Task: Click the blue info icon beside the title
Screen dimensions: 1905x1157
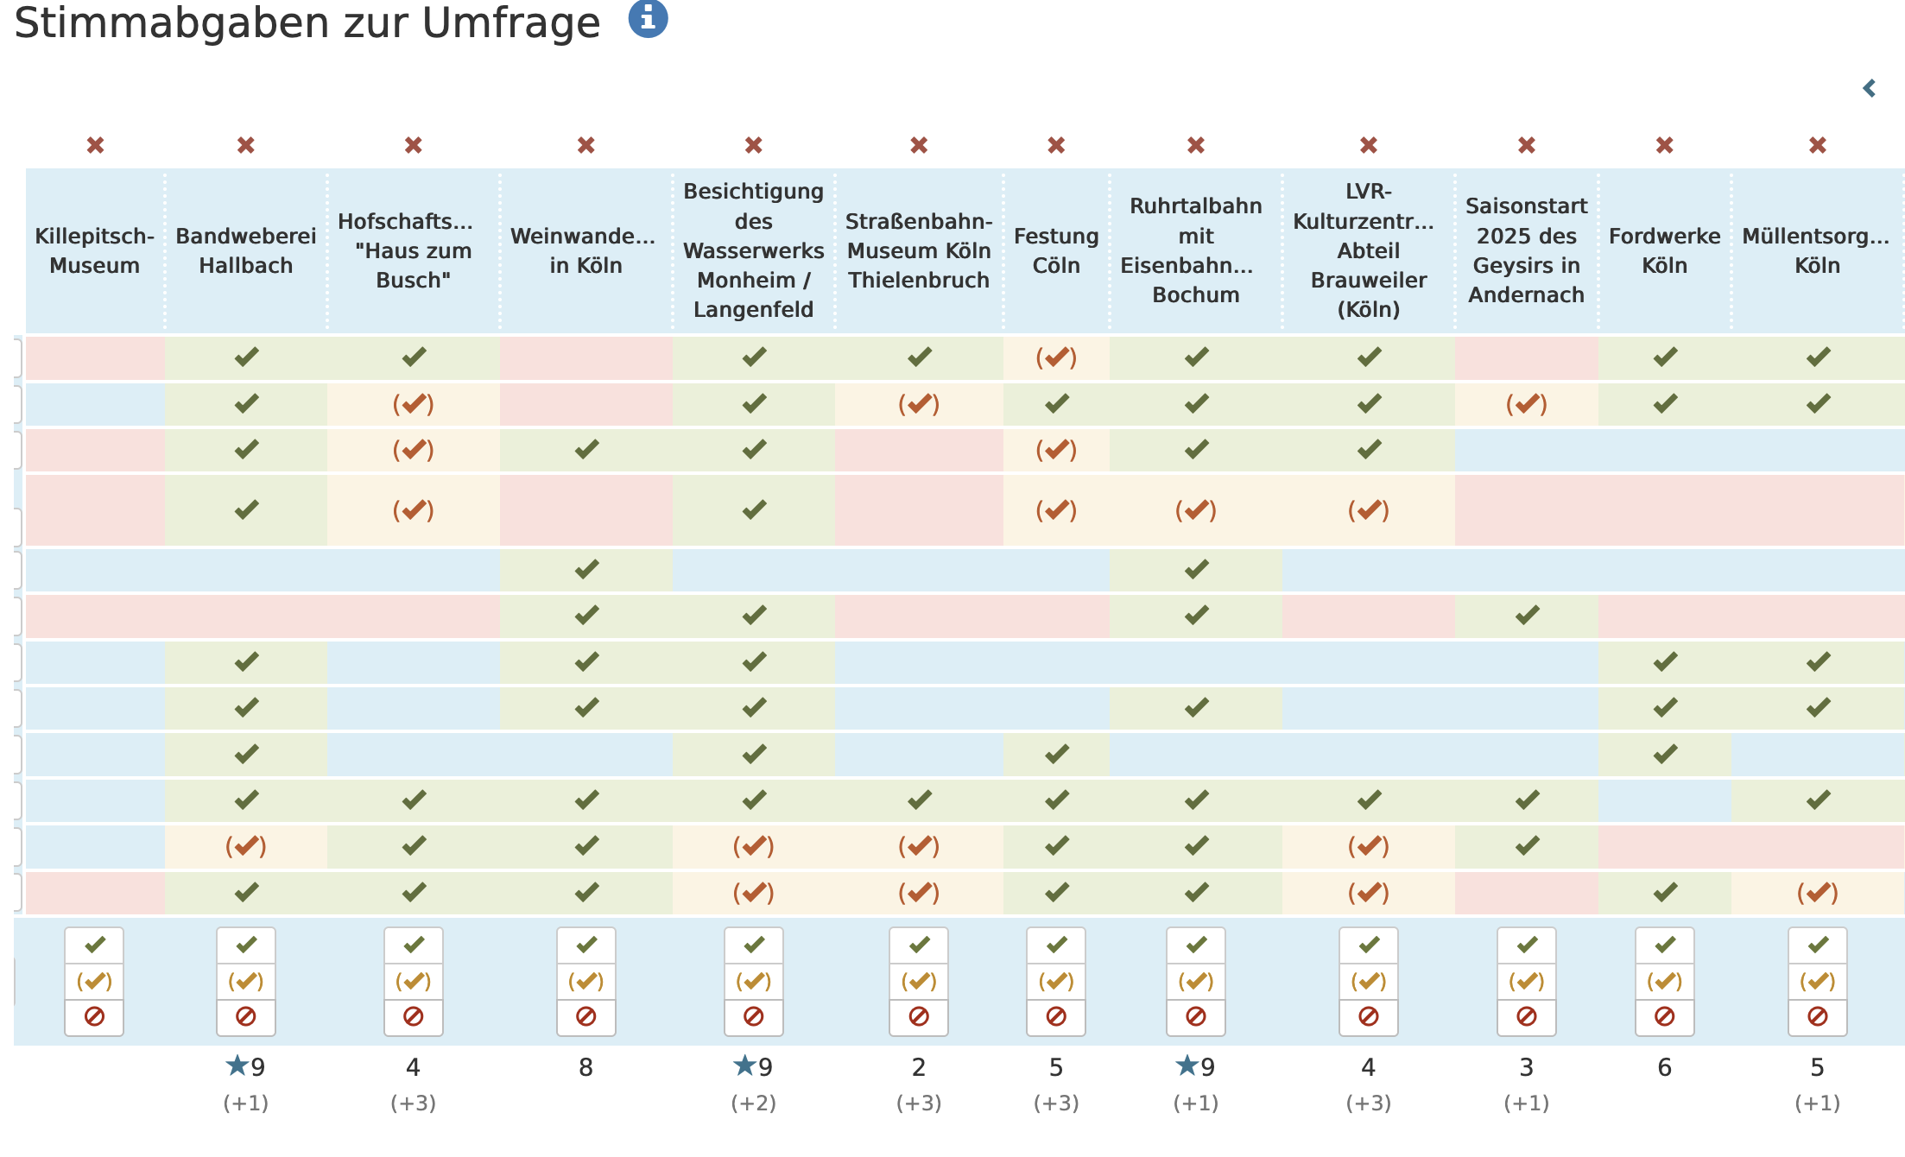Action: (648, 18)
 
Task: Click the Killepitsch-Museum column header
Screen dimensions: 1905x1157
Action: (95, 250)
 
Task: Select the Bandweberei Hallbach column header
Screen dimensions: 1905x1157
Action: (246, 250)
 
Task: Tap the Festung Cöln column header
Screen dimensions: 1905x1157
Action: (1056, 250)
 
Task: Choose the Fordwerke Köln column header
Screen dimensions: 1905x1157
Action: (1665, 250)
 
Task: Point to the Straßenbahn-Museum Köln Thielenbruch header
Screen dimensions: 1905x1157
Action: (919, 250)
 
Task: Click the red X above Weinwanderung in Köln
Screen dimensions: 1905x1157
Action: (586, 145)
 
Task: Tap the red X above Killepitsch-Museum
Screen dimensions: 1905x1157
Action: (95, 145)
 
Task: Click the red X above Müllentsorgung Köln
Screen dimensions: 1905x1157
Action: (1818, 145)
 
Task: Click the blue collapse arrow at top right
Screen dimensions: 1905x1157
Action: (1870, 88)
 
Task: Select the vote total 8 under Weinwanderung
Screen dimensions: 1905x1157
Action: (586, 1068)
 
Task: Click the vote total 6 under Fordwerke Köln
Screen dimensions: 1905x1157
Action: (1665, 1068)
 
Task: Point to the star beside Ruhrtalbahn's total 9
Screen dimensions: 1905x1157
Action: (1187, 1065)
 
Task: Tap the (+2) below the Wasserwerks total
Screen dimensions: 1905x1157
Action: (754, 1103)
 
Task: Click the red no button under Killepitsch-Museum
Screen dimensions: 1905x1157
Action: (94, 1017)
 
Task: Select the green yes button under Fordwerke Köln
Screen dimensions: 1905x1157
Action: (1665, 945)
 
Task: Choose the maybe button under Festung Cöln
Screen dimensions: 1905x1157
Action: (1056, 982)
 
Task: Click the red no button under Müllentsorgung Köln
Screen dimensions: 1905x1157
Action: (1818, 1017)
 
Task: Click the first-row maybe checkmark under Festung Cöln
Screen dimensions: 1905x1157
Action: (1056, 357)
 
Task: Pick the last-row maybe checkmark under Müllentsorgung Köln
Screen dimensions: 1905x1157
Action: (1818, 893)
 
